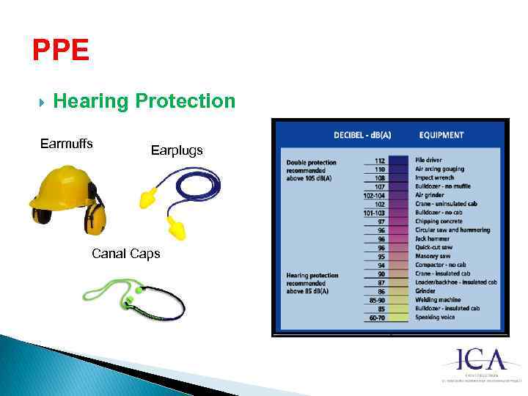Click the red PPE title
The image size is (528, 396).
click(x=61, y=51)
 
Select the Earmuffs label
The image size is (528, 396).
click(x=66, y=144)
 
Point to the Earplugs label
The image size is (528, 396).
click(x=177, y=150)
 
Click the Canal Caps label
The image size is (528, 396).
click(x=125, y=254)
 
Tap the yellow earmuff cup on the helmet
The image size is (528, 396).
click(x=95, y=217)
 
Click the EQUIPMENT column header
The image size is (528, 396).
click(x=441, y=135)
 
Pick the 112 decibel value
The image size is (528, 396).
click(x=379, y=160)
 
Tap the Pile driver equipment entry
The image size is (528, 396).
click(x=429, y=160)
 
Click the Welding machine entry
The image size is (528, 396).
click(x=438, y=300)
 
